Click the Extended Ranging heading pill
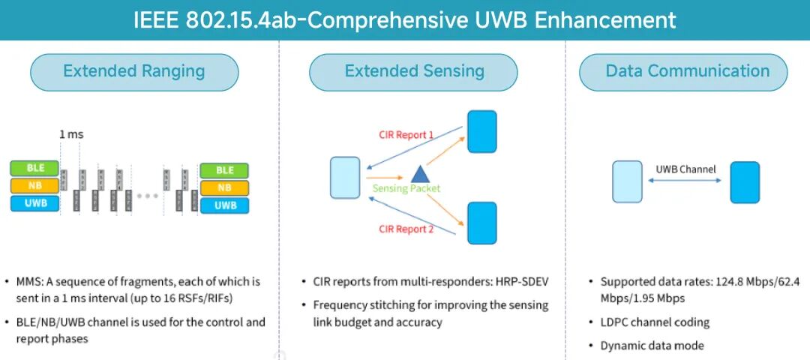pos(134,72)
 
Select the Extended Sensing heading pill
pos(414,72)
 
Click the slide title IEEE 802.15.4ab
pos(405,19)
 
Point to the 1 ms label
pos(72,135)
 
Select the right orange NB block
pos(224,187)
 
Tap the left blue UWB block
pos(34,203)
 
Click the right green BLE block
pos(224,170)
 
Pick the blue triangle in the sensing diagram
pos(419,174)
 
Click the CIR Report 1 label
pos(406,135)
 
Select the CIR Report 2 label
pos(406,229)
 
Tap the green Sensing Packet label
pos(406,188)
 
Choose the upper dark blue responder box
pos(482,131)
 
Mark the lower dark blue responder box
pos(482,223)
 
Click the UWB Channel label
pos(685,169)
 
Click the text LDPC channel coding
pos(655,322)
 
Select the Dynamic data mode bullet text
pos(652,346)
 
